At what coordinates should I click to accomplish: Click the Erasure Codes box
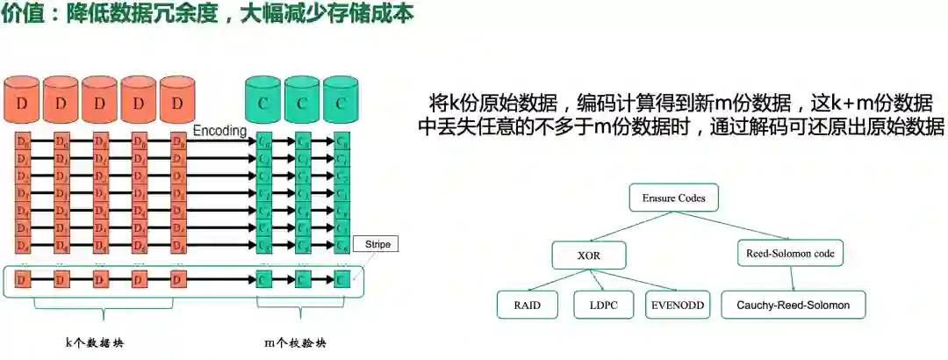pos(674,197)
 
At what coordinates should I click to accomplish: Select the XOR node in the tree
pos(587,255)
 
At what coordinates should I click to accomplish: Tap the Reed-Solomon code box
pos(789,254)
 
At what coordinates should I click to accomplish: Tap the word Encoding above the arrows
pos(220,130)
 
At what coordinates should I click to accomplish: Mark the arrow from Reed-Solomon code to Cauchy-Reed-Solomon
pos(792,278)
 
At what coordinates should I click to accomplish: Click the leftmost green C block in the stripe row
pos(263,280)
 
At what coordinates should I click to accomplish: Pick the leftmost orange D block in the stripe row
pos(23,280)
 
